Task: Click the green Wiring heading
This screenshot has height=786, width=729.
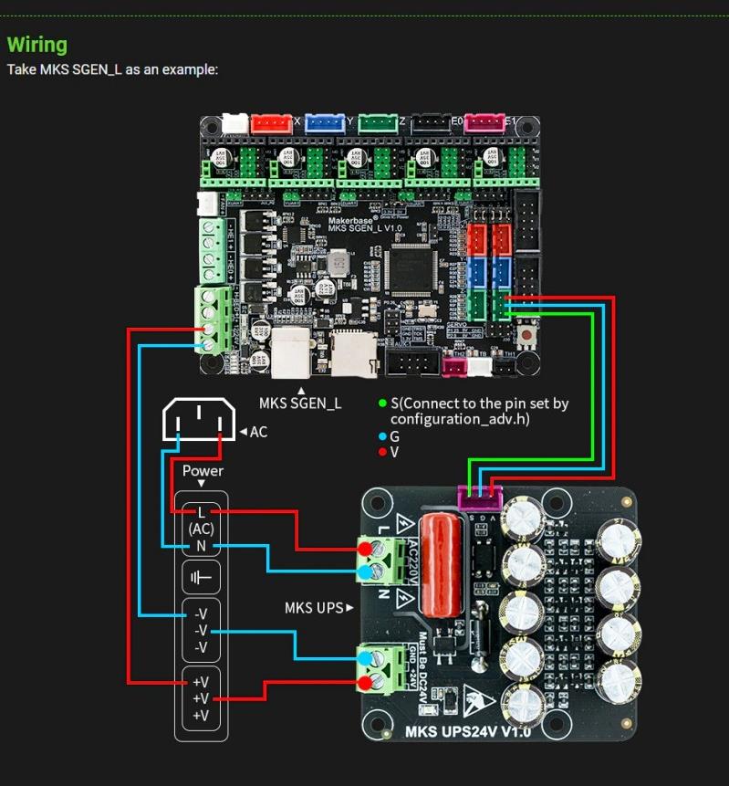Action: pos(37,45)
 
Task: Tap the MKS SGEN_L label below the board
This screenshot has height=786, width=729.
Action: pos(300,403)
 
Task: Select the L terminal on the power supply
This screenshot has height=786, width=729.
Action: pos(202,512)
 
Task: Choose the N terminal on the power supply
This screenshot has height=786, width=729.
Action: pos(202,546)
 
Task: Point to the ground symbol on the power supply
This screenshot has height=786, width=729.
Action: pos(202,578)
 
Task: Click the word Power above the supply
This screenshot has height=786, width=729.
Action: pos(203,471)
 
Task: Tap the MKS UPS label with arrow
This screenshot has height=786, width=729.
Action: pos(318,607)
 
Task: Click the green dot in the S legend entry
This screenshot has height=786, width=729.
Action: pos(382,403)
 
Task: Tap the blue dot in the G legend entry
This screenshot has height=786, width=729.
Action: pos(382,436)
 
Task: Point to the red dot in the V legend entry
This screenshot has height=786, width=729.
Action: pos(382,452)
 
